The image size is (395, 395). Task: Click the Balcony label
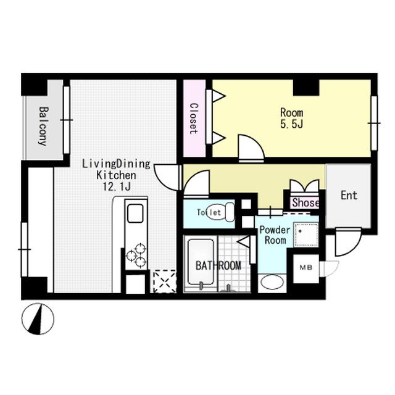coord(43,126)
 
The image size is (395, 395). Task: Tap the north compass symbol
coord(38,318)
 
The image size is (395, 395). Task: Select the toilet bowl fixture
coord(218,212)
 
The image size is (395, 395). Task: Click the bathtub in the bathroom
coord(201,262)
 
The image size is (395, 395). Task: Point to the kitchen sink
coord(135,213)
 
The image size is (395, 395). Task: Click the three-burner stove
coord(136,256)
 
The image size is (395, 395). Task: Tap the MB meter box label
coord(306,267)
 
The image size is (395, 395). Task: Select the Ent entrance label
coord(349,196)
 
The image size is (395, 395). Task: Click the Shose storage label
coord(306,202)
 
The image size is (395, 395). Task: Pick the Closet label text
coord(194,118)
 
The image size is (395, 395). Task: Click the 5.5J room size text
coord(292,124)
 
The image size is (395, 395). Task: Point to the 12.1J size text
coord(117,186)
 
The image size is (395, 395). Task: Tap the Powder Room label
coord(275,235)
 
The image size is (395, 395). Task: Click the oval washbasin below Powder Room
coord(272,282)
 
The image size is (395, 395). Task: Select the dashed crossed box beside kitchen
coord(165,281)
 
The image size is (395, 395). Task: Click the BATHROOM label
coord(218,266)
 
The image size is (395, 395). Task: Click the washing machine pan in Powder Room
coord(306,235)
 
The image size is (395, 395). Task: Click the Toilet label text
coord(209,212)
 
